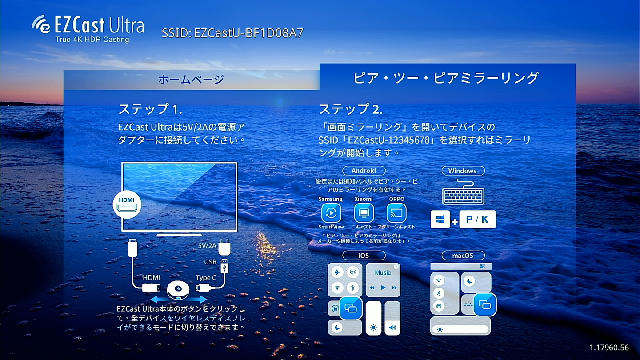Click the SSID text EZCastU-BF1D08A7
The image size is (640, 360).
233,33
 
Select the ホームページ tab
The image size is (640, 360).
192,80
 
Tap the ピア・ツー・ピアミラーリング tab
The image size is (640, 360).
446,78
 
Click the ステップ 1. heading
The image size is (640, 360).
150,109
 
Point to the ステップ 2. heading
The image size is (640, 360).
351,109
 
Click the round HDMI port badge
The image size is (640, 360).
127,204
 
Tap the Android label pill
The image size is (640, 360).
364,171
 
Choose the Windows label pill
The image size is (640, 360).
462,171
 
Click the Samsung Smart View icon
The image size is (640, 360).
331,213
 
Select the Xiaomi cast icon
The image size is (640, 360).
364,213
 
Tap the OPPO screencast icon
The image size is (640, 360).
396,213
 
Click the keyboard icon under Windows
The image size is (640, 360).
463,192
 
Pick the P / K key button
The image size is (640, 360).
477,220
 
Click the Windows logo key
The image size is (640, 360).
440,220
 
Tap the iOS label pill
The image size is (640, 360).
364,256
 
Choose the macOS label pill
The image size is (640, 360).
463,256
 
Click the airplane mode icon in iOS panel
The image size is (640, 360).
337,272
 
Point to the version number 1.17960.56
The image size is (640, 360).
609,348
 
